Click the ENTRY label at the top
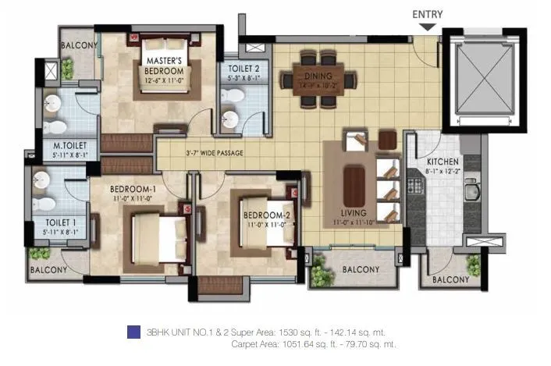coord(428,13)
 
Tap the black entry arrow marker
coord(427,27)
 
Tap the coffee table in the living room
coord(354,186)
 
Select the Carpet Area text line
coord(314,343)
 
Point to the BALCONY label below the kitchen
coord(450,279)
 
